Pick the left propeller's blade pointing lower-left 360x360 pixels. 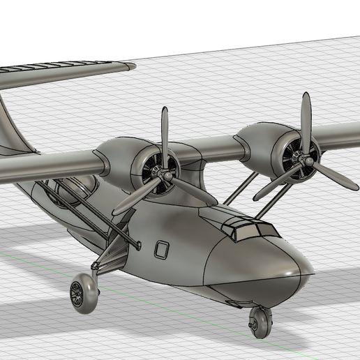(x=133, y=198)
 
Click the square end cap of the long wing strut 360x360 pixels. (x=137, y=245)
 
